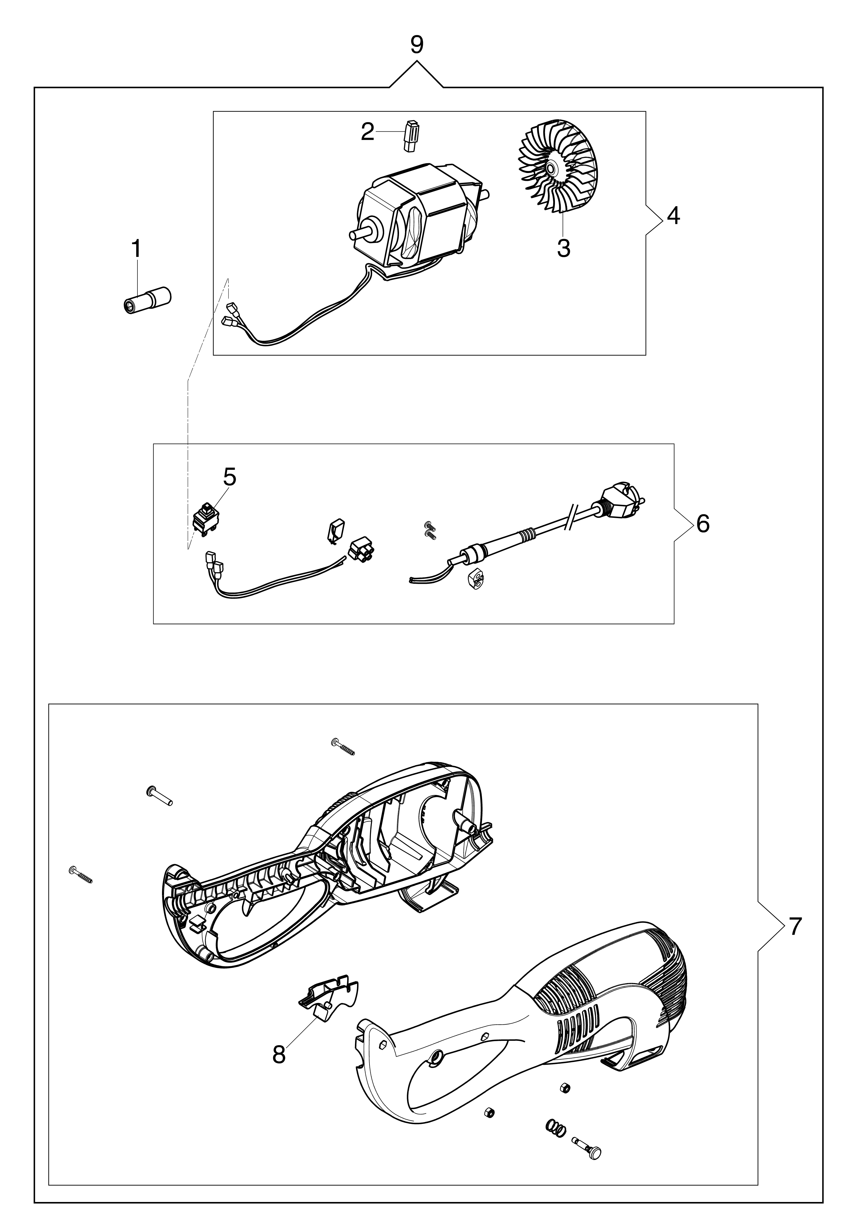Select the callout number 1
point(137,249)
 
